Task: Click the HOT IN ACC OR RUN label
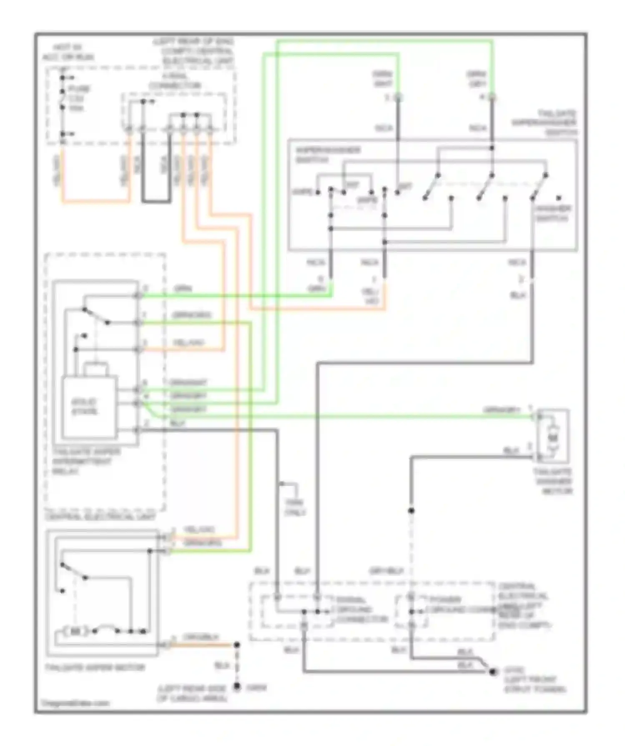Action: [68, 52]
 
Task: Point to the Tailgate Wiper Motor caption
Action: [95, 667]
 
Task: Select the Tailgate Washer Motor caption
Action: [553, 481]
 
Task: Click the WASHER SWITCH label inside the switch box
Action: [553, 213]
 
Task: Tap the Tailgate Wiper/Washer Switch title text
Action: [545, 123]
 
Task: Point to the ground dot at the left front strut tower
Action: [493, 672]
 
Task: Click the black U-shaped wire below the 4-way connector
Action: [156, 201]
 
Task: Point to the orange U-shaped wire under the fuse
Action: [96, 202]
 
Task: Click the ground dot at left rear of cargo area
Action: [237, 686]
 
